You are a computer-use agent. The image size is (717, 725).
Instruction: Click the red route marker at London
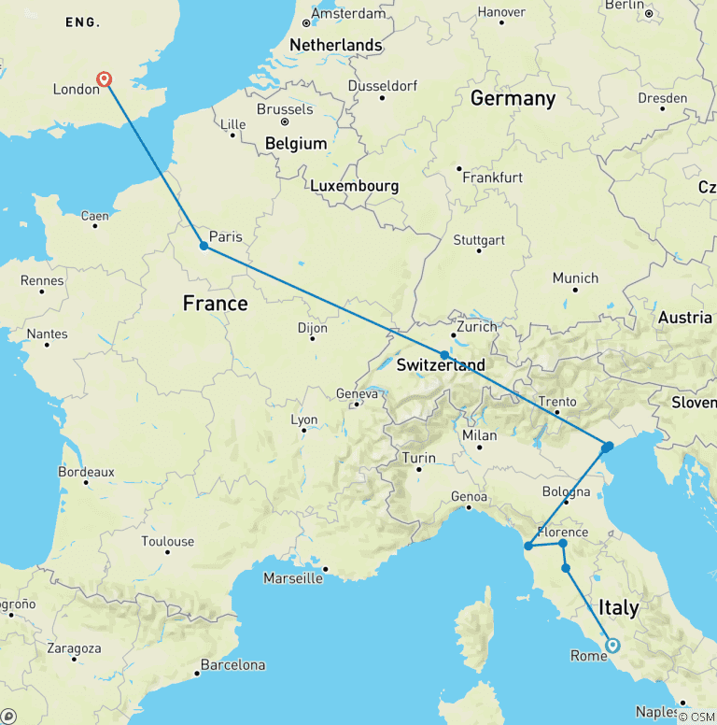pos(105,80)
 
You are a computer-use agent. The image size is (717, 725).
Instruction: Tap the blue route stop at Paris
pos(204,247)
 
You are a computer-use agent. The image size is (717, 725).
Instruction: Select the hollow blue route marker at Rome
pos(612,645)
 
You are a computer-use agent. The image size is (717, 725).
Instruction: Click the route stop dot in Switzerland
pos(444,355)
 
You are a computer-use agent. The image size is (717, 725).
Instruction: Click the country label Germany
pos(513,98)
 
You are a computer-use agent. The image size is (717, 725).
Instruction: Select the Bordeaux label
pos(86,472)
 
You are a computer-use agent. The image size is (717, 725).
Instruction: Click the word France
pos(215,303)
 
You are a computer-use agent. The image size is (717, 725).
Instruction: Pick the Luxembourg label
pos(354,186)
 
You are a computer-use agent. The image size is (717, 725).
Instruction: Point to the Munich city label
pos(575,277)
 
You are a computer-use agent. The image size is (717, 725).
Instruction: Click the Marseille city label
pos(292,578)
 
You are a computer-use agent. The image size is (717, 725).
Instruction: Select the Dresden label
pos(662,98)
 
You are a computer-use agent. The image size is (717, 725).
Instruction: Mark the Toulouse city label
pos(168,541)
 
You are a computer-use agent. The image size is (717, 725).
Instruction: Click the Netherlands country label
pos(336,45)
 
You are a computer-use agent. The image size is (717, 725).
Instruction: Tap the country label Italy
pos(618,607)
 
